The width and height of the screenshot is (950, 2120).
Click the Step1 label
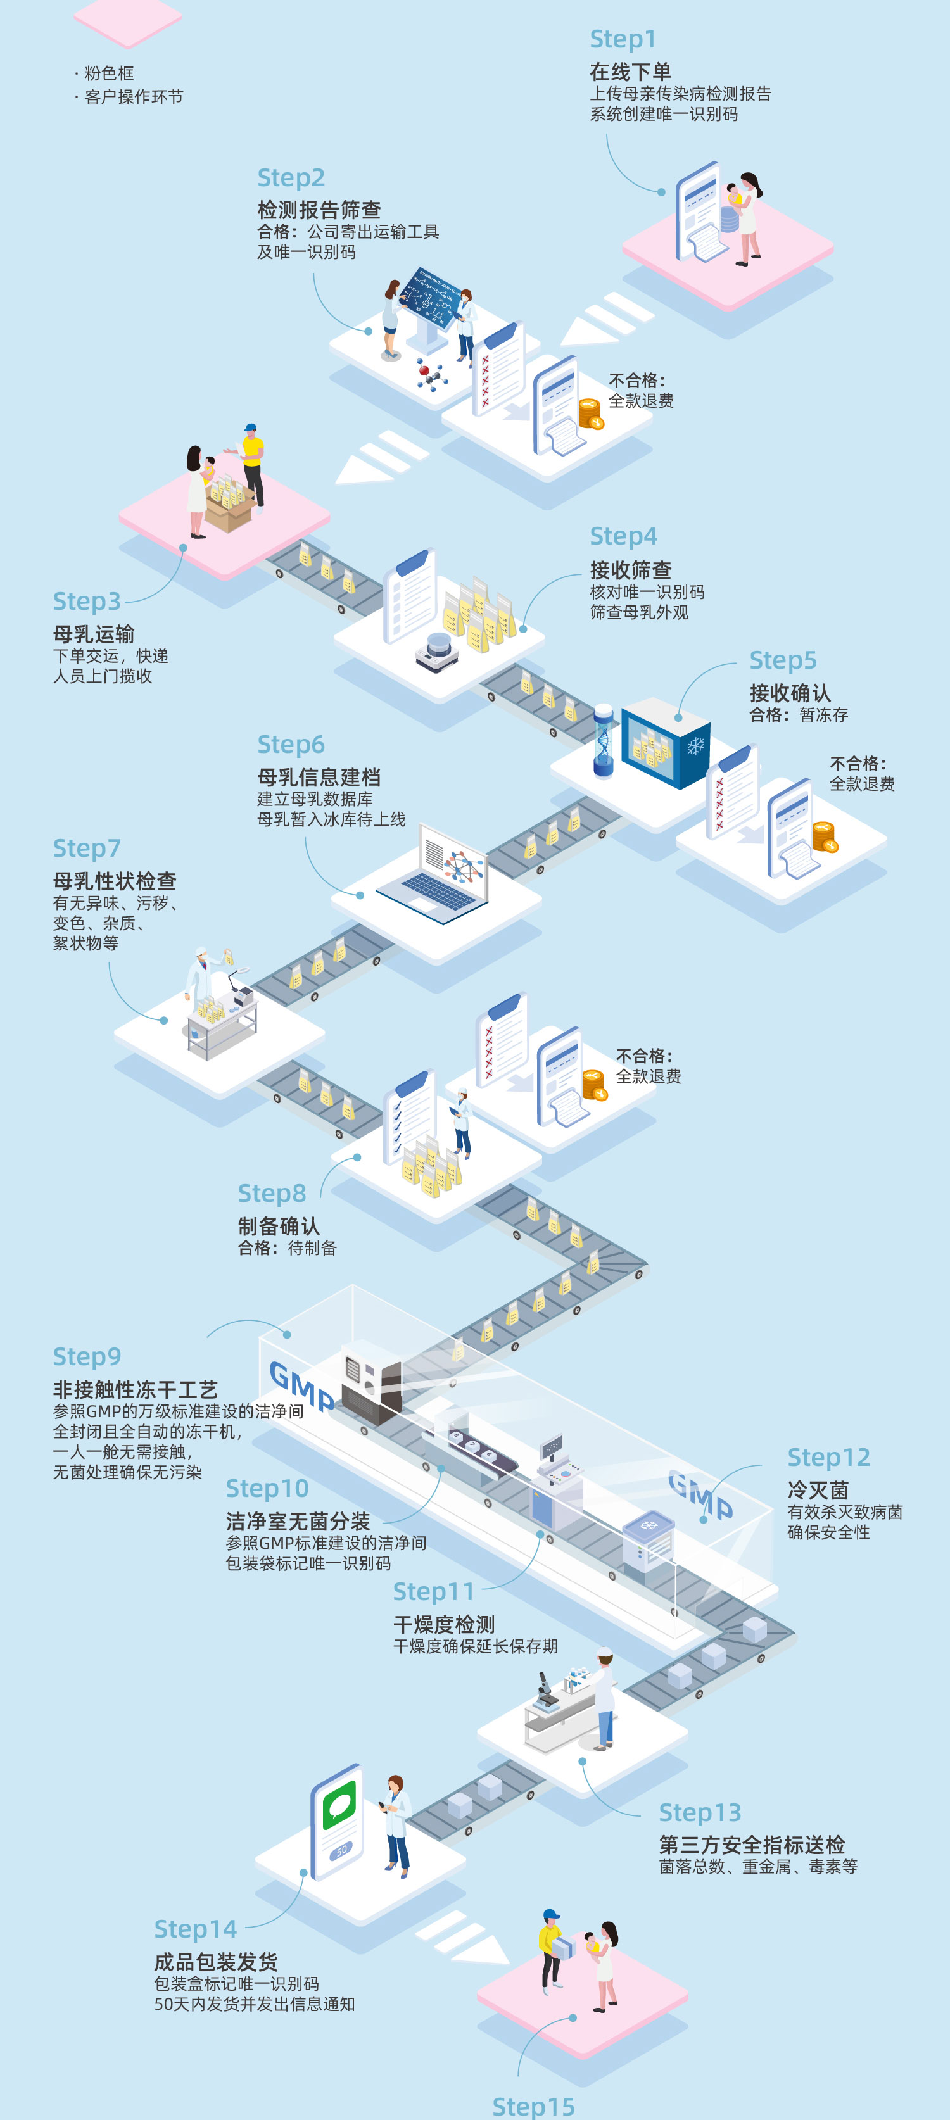623,39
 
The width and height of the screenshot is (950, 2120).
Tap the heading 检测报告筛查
319,210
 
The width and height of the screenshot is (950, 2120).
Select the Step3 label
86,601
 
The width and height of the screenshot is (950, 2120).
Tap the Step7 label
86,848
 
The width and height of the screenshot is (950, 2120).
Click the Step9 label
86,1356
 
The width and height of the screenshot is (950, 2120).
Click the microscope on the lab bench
545,1689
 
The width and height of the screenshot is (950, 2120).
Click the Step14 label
195,1928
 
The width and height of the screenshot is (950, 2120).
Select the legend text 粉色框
109,73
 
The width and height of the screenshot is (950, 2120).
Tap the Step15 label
533,2106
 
